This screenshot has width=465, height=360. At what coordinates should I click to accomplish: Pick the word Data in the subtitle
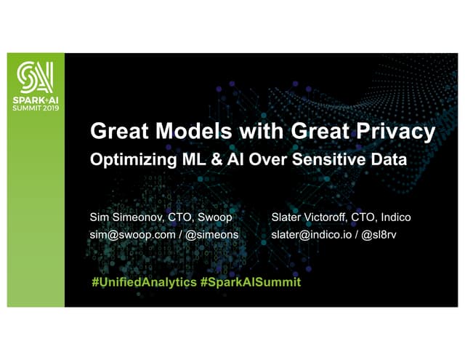pyautogui.click(x=386, y=161)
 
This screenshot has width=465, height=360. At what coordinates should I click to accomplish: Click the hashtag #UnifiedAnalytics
pyautogui.click(x=142, y=281)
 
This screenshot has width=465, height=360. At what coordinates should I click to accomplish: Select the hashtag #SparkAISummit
pyautogui.click(x=249, y=281)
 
